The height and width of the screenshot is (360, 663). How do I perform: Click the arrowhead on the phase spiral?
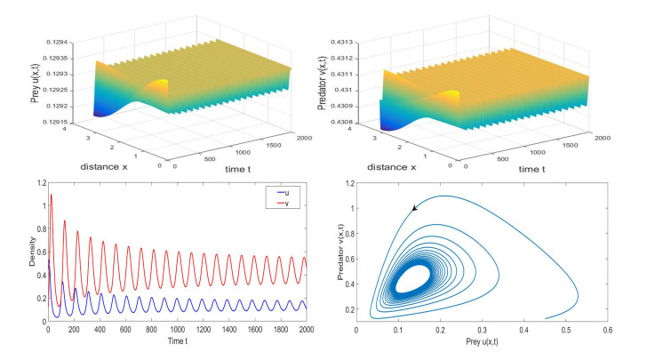tap(413, 209)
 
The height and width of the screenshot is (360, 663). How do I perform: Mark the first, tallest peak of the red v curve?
tap(52, 195)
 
